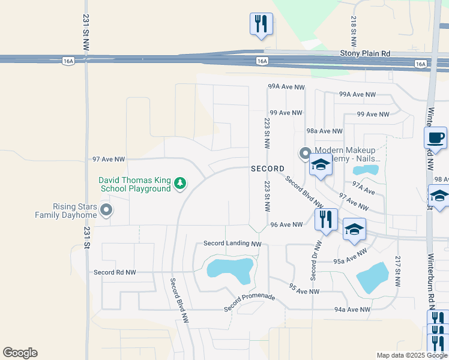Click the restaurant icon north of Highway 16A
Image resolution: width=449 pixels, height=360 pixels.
pos(261,24)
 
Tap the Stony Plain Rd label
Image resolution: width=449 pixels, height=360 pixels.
pos(365,53)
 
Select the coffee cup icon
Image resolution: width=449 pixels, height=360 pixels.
pos(435,137)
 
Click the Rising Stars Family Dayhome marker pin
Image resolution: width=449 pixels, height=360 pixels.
pos(106,210)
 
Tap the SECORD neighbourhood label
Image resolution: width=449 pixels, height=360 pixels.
pos(268,169)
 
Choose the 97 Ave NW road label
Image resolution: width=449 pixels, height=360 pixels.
pos(109,160)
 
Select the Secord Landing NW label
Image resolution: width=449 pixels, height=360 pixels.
pos(233,244)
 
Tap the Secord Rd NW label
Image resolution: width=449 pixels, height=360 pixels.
pos(115,272)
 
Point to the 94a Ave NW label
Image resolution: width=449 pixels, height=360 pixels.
pos(352,310)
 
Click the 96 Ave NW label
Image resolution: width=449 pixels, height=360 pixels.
pos(286,225)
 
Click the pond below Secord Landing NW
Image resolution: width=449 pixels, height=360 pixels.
pos(231,269)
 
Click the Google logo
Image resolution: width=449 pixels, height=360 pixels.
pos(20,353)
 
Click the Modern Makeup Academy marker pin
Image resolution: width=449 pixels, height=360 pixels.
pos(305,154)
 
